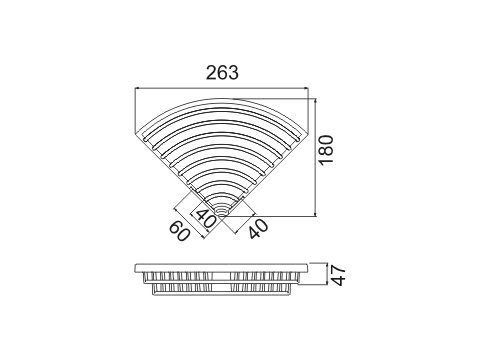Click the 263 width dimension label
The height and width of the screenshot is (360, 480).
[222, 72]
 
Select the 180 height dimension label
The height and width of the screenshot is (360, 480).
[326, 150]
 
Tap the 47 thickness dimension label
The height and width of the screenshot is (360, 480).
[339, 275]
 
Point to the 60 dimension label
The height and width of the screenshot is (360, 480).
[180, 231]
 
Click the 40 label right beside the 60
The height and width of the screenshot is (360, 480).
[204, 218]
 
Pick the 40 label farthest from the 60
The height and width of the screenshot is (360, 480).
[258, 228]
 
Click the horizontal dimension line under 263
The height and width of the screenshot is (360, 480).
[221, 88]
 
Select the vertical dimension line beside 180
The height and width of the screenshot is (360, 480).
[316, 157]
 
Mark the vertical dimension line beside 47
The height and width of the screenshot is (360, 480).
[325, 274]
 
